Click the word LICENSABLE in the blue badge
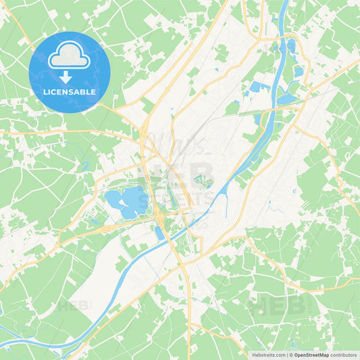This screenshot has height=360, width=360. [x=70, y=91]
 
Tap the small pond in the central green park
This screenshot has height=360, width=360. [x=200, y=180]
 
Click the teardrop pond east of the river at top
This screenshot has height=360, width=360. [x=291, y=46]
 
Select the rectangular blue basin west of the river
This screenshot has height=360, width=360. [x=257, y=86]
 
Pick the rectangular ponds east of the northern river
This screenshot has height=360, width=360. [x=298, y=70]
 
